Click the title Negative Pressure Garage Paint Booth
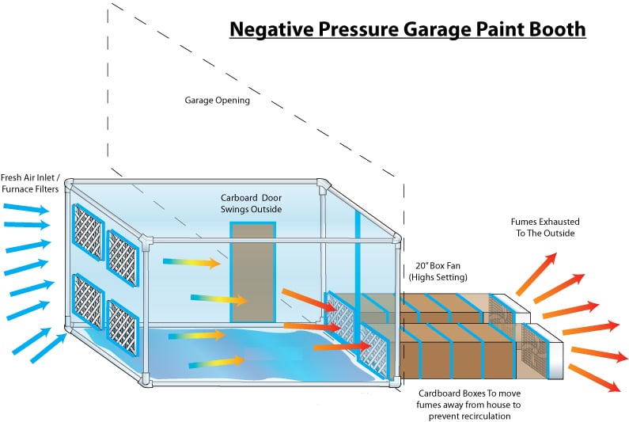pyautogui.click(x=407, y=29)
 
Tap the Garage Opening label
pyautogui.click(x=217, y=101)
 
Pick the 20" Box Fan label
pyautogui.click(x=437, y=266)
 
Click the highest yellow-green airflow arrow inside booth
pyautogui.click(x=193, y=260)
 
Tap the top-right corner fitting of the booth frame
pyautogui.click(x=324, y=187)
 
